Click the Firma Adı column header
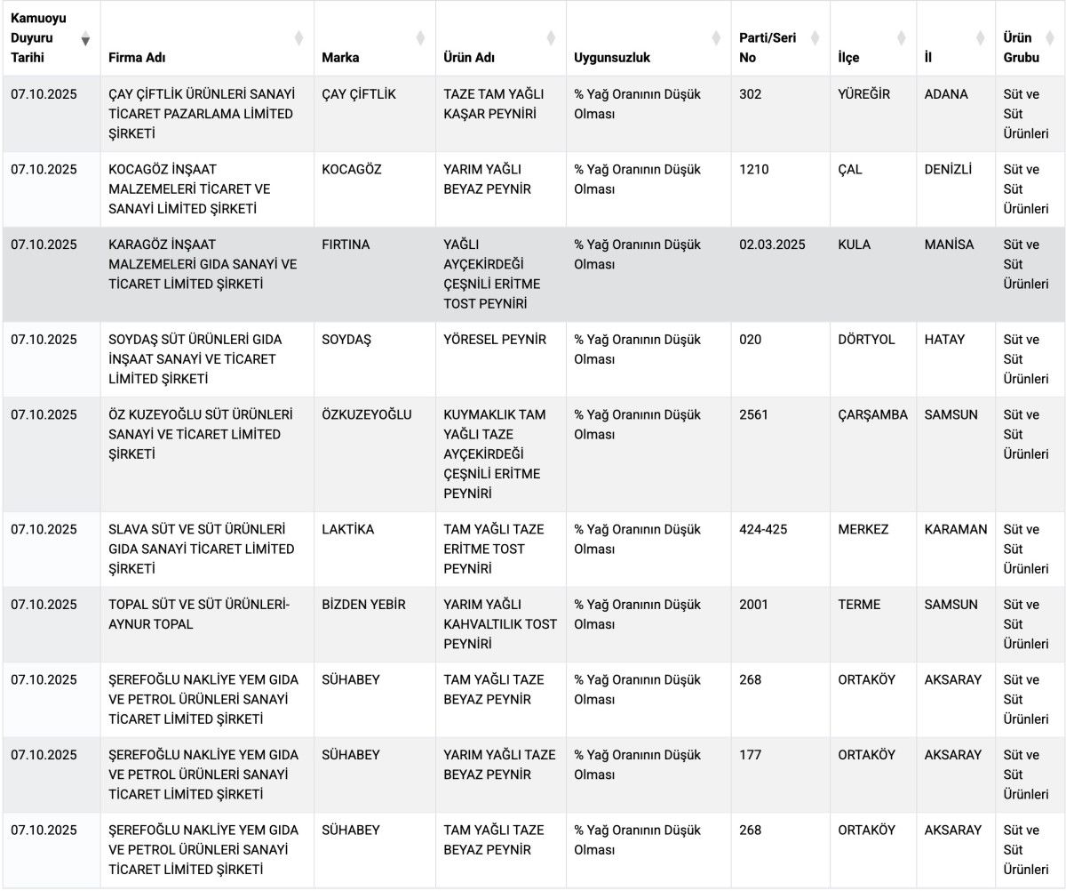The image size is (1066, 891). click(137, 58)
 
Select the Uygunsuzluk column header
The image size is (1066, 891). click(612, 58)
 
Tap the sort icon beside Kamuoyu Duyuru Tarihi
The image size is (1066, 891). click(85, 39)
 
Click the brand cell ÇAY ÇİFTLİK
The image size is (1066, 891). click(359, 94)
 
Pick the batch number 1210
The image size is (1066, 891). click(753, 170)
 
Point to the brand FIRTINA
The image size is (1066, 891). click(346, 245)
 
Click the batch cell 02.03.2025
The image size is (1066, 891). click(772, 245)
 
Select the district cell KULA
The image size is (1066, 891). click(854, 245)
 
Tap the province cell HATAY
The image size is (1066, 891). click(944, 340)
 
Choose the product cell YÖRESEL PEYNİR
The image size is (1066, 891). click(495, 340)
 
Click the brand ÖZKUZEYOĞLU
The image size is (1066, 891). click(366, 415)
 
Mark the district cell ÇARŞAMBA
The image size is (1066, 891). click(872, 415)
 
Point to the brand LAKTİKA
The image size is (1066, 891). click(347, 530)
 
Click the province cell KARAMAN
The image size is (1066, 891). click(955, 530)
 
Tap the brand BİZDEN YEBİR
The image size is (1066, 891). click(363, 605)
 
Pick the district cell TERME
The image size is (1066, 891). click(859, 605)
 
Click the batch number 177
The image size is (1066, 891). click(750, 755)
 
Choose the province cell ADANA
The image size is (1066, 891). click(946, 94)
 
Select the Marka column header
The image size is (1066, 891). click(340, 58)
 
